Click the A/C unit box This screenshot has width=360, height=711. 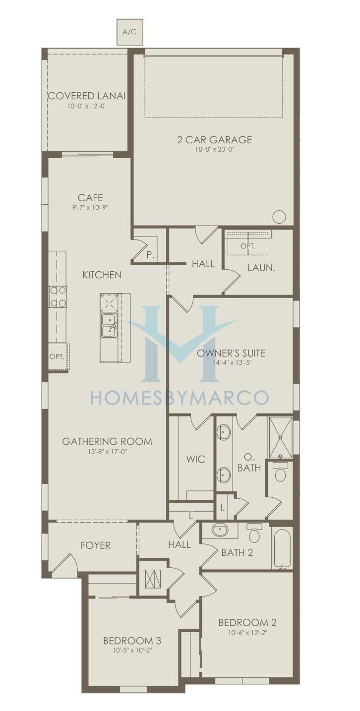coord(130,32)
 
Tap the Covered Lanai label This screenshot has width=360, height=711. coord(87,96)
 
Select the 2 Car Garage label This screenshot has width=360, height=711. coord(215,140)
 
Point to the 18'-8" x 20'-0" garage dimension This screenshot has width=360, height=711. coord(215,149)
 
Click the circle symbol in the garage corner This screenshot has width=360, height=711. coord(279,217)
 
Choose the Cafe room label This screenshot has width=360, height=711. coord(90,198)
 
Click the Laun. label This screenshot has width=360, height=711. coord(261,268)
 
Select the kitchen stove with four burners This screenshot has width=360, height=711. coord(58,297)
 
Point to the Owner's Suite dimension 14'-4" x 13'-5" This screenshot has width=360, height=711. coord(234,362)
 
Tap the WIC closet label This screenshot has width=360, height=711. coord(195,459)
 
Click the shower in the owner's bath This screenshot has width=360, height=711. coord(280,438)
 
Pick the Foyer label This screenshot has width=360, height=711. coord(96,545)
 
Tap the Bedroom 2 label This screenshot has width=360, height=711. coord(247,622)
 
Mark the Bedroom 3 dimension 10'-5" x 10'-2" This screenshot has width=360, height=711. coord(132,650)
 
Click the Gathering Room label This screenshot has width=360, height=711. coord(107,441)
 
